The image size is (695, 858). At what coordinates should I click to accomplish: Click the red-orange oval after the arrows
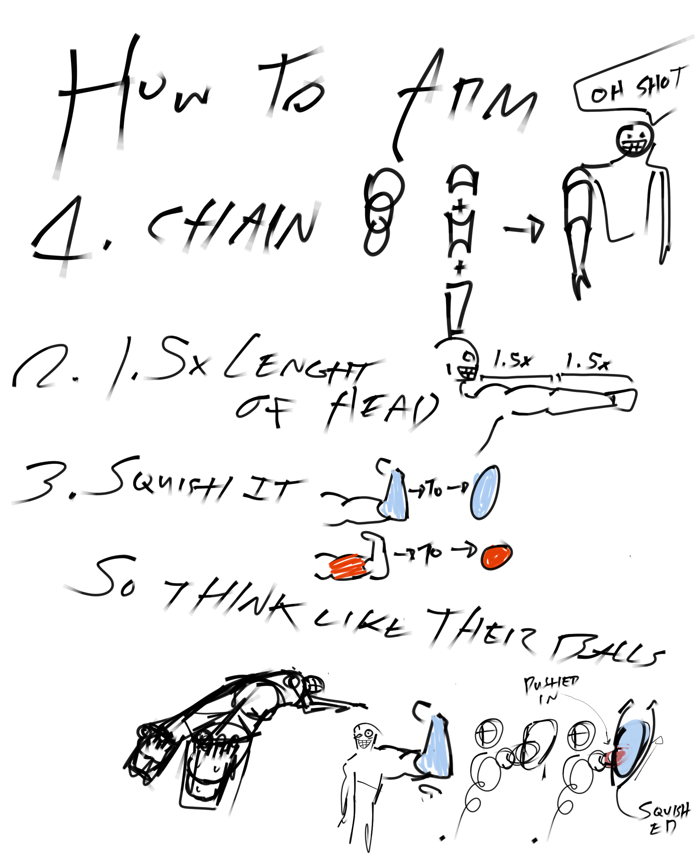coord(496,556)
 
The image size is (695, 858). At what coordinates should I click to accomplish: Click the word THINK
coord(232,600)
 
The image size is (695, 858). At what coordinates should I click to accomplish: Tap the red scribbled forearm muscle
coord(346,567)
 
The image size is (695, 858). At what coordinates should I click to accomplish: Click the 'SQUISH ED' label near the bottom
coord(663,817)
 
